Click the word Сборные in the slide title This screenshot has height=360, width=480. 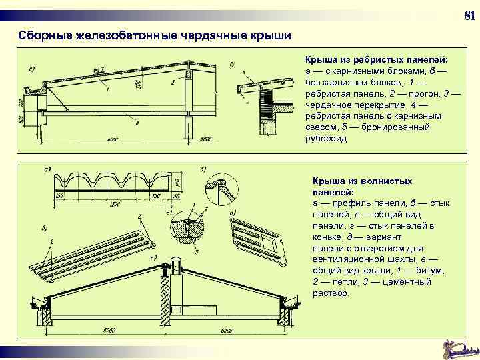click(x=42, y=34)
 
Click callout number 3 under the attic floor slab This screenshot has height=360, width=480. click(x=137, y=123)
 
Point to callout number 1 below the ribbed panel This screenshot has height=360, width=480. click(x=107, y=89)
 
